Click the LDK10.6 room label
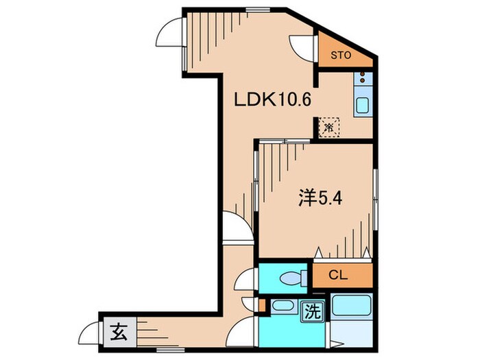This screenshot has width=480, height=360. [x=274, y=100]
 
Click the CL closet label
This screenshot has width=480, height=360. [x=337, y=276]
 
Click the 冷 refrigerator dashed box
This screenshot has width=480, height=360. [x=330, y=127]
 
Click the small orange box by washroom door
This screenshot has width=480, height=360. [x=263, y=304]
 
